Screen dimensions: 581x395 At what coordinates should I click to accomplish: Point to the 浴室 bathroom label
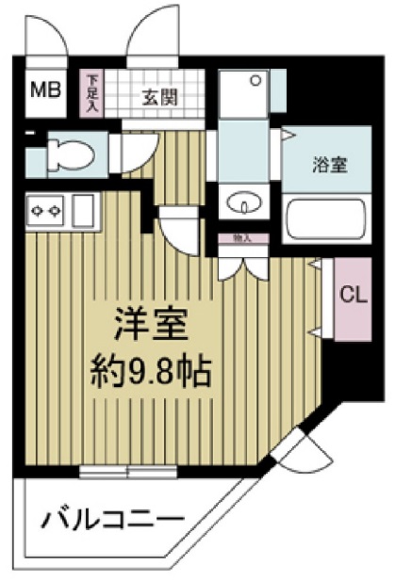pyautogui.click(x=329, y=165)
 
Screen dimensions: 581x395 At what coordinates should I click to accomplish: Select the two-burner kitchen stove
pyautogui.click(x=45, y=211)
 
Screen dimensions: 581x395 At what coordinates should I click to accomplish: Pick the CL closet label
pyautogui.click(x=351, y=295)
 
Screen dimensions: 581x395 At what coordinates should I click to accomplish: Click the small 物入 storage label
pyautogui.click(x=241, y=239)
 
